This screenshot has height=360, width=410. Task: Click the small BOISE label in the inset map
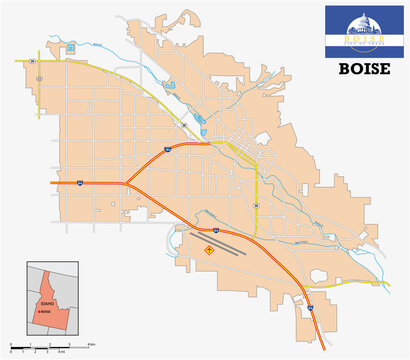44,312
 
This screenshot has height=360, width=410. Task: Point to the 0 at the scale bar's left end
10,353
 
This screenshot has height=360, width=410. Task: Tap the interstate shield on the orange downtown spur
168,149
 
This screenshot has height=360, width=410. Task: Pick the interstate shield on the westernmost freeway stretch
78,183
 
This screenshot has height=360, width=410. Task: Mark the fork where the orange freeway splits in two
126,183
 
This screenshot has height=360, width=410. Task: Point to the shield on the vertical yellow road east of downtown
257,206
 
